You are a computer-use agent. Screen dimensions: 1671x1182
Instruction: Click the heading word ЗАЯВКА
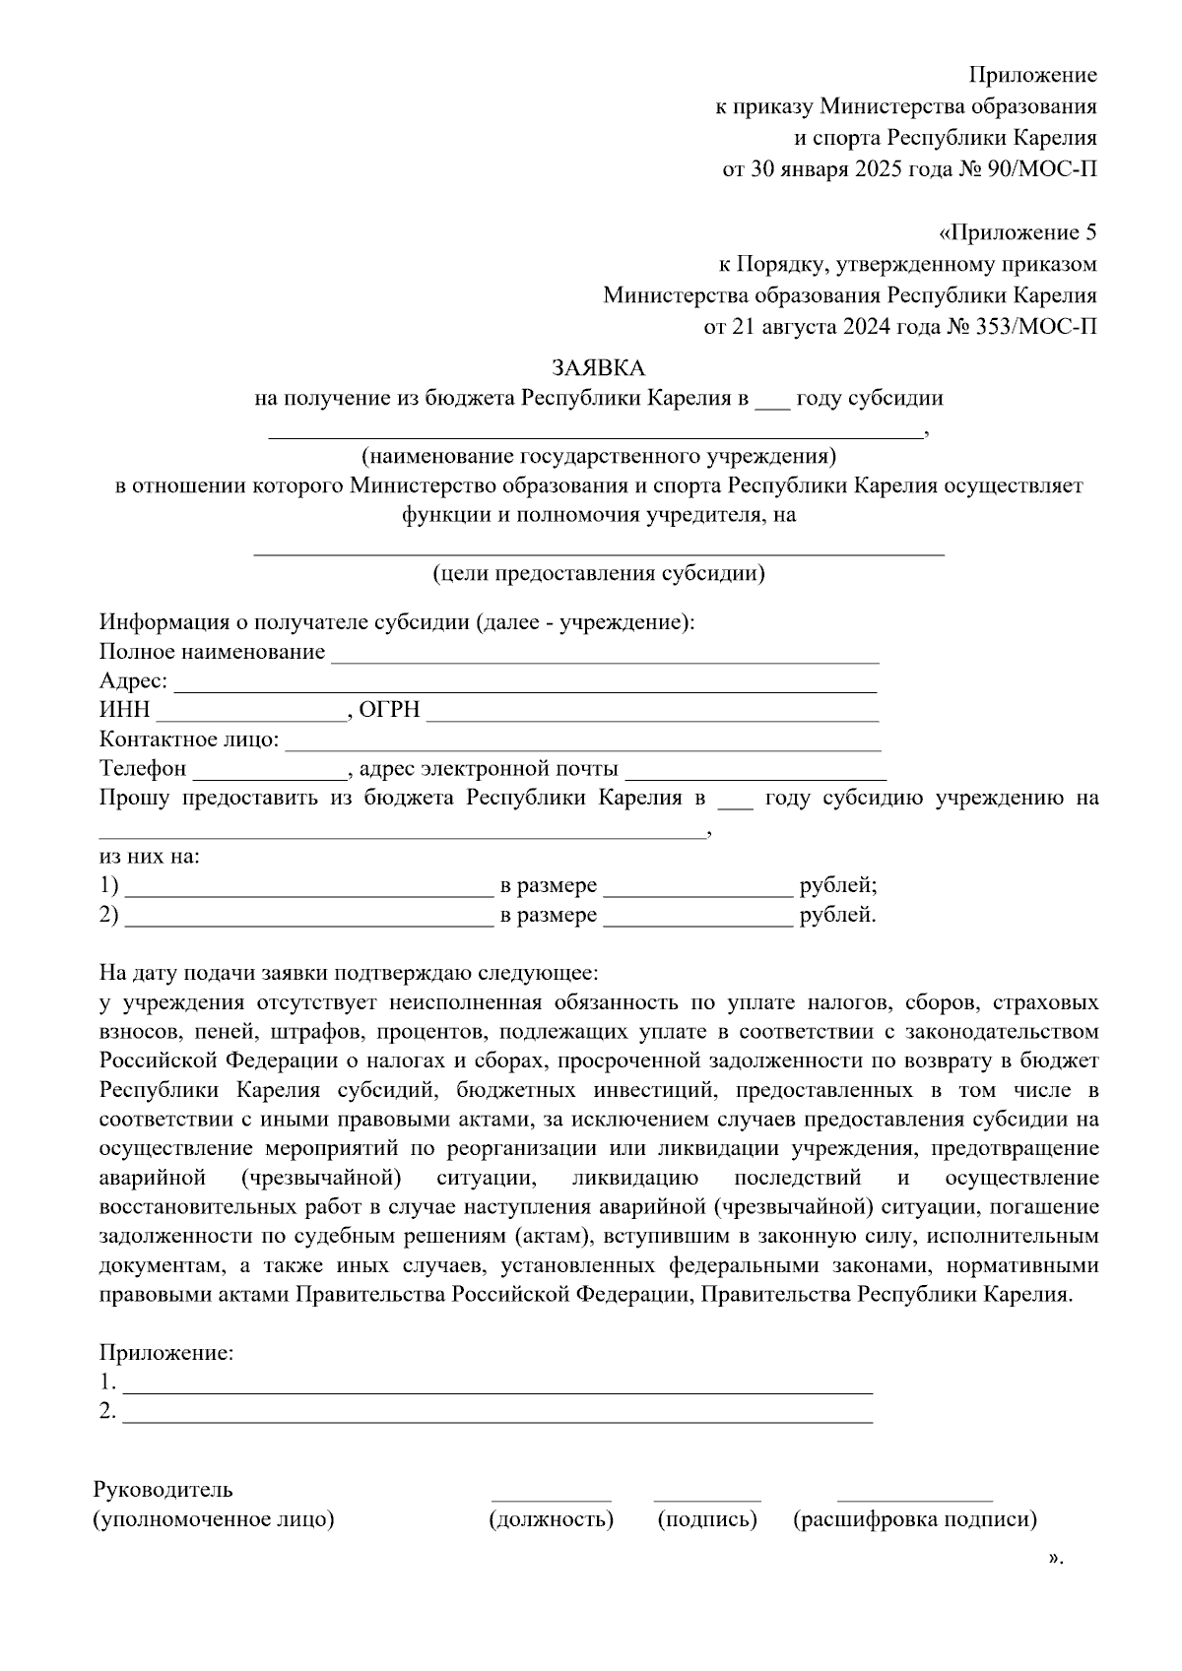(598, 368)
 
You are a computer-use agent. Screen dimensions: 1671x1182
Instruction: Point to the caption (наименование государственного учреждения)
(598, 456)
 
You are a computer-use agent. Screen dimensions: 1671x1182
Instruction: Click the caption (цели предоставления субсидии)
(599, 573)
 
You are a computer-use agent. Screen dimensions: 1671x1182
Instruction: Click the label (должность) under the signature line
(552, 1519)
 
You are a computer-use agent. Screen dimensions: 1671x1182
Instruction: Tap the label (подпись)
(707, 1519)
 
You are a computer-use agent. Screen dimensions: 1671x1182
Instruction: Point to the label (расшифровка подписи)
(915, 1519)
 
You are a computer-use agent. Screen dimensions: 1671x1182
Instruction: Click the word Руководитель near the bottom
(164, 1490)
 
